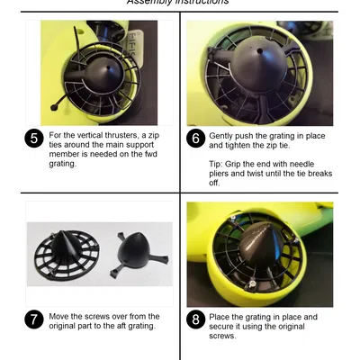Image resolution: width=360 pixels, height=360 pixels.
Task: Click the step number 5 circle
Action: [34, 139]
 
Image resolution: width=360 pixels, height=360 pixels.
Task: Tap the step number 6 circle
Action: [195, 139]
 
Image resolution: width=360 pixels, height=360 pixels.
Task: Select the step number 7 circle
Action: [34, 319]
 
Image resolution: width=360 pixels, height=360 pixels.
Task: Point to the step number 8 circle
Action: [195, 319]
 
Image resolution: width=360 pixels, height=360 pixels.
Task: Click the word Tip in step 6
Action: [216, 165]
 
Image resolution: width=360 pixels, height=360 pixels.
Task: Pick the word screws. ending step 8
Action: [222, 336]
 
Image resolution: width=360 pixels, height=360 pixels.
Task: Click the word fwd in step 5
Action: [150, 154]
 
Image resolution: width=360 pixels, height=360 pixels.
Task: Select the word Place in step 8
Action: [220, 317]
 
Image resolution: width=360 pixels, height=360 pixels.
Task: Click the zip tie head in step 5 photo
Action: [54, 107]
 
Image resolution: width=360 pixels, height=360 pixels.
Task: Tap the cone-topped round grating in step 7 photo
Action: [67, 255]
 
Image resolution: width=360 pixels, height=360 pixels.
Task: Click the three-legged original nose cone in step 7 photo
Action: [139, 253]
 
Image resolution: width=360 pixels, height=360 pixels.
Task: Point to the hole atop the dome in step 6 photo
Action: [260, 51]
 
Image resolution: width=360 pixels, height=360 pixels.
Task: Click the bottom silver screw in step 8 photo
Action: [253, 283]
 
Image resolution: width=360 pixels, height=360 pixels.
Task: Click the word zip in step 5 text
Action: [153, 136]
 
